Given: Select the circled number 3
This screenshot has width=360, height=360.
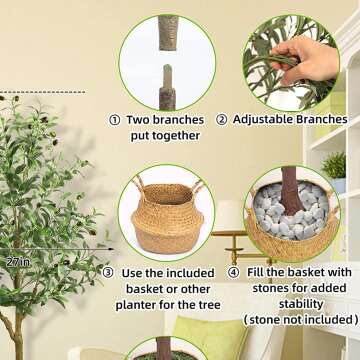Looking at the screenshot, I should [x=108, y=272].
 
